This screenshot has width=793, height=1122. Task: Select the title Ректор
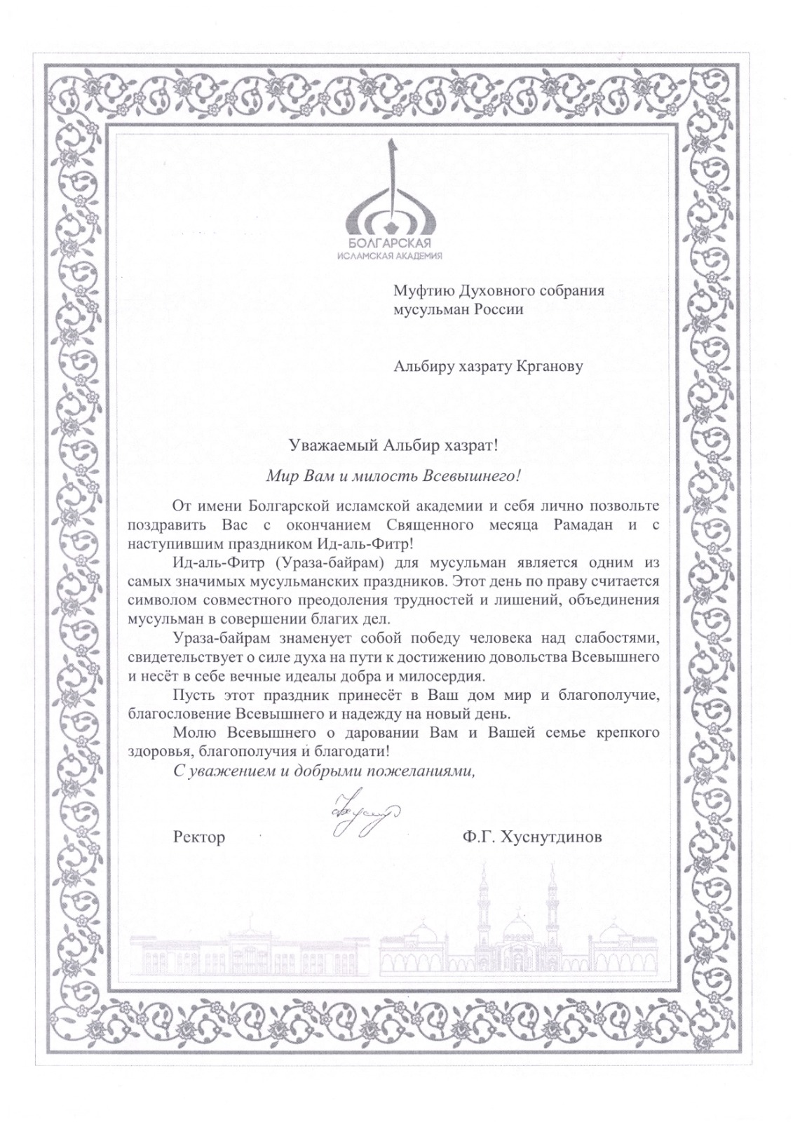pos(198,837)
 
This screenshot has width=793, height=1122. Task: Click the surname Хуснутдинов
pos(550,837)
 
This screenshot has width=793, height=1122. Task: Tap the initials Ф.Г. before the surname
pos(477,837)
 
